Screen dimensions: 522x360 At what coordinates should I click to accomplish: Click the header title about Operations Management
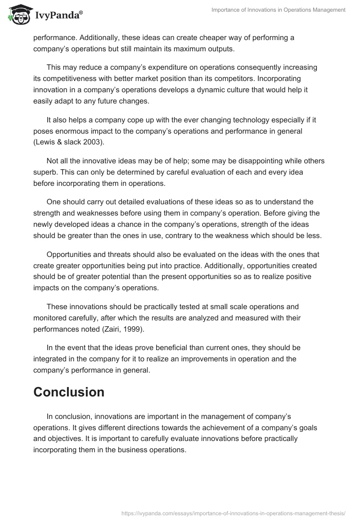click(x=279, y=10)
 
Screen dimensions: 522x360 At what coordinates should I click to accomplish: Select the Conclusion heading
click(x=69, y=392)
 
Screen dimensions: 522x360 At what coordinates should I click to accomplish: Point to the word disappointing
click(x=244, y=161)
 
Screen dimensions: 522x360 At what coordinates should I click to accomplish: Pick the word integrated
click(x=52, y=359)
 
